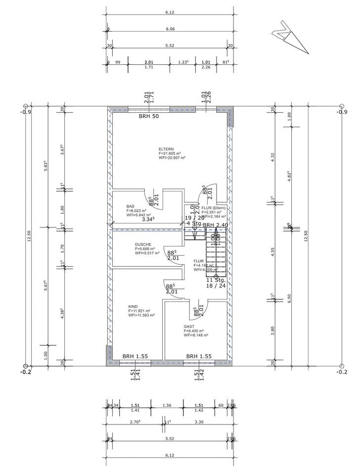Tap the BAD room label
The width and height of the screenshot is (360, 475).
pos(131,206)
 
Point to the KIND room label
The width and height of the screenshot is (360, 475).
pos(133,306)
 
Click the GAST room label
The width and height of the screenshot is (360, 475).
pos(188,327)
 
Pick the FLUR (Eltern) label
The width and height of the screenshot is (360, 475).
pos(214,208)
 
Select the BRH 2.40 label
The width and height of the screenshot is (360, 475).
pos(216,225)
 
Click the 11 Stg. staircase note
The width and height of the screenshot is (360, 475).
pos(216,280)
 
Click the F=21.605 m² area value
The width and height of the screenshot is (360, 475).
pos(170,153)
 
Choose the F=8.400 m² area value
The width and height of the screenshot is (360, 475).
pos(195,331)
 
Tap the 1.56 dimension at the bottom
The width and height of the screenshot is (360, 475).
pos(166,405)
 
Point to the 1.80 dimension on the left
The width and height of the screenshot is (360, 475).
pos(62,208)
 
